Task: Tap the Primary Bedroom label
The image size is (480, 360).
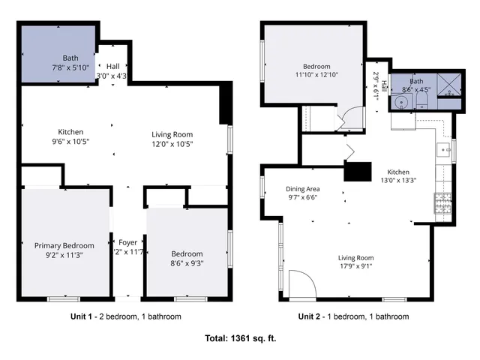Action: point(64,245)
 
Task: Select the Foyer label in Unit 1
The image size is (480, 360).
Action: point(127,241)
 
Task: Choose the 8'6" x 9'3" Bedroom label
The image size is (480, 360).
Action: point(187,262)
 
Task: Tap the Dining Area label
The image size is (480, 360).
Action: point(303,189)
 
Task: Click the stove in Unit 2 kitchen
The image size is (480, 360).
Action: point(440,200)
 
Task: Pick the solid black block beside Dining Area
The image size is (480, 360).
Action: point(358,172)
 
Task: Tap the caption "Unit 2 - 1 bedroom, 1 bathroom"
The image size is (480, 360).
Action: point(353,316)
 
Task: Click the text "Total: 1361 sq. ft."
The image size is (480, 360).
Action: point(240,338)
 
